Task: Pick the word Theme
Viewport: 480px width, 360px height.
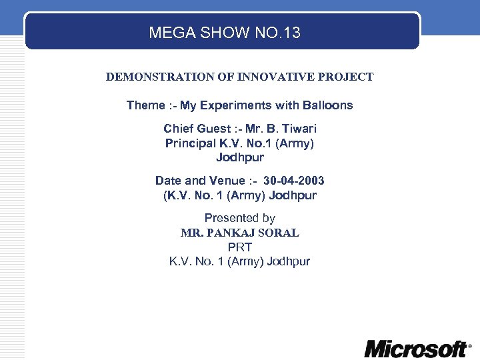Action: pyautogui.click(x=145, y=105)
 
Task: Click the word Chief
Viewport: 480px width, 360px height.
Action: pyautogui.click(x=179, y=129)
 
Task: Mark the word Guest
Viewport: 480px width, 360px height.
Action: pyautogui.click(x=213, y=129)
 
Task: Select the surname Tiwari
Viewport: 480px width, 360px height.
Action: pyautogui.click(x=299, y=129)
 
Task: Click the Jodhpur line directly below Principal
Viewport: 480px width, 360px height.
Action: pyautogui.click(x=240, y=158)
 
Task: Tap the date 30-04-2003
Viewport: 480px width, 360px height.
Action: pyautogui.click(x=294, y=181)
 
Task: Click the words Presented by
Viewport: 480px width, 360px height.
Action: pyautogui.click(x=240, y=218)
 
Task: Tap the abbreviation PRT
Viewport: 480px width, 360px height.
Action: pyautogui.click(x=240, y=247)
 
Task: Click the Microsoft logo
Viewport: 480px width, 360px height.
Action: pyautogui.click(x=417, y=349)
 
